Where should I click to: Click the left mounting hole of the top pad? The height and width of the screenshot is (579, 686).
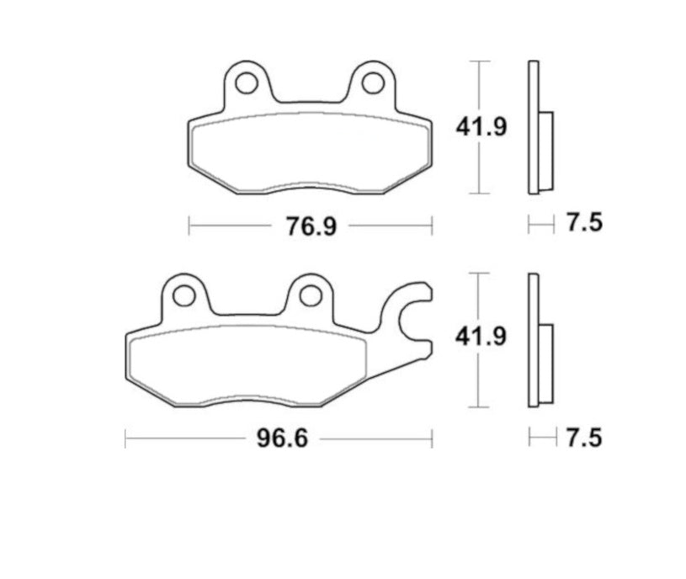[x=246, y=83]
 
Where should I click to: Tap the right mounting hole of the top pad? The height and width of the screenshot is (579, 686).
[x=372, y=83]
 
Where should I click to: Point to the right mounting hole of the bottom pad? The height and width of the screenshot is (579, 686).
[x=311, y=295]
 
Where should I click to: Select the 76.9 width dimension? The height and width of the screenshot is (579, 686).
[x=311, y=227]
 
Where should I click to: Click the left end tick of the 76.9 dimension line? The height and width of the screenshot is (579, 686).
[x=189, y=226]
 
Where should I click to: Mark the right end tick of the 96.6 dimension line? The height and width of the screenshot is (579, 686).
[x=432, y=438]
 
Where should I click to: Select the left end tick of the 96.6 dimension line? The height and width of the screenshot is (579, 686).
[x=125, y=438]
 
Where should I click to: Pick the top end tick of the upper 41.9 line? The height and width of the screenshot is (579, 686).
[x=479, y=61]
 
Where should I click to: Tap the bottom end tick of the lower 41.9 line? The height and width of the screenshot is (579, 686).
[x=479, y=406]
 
